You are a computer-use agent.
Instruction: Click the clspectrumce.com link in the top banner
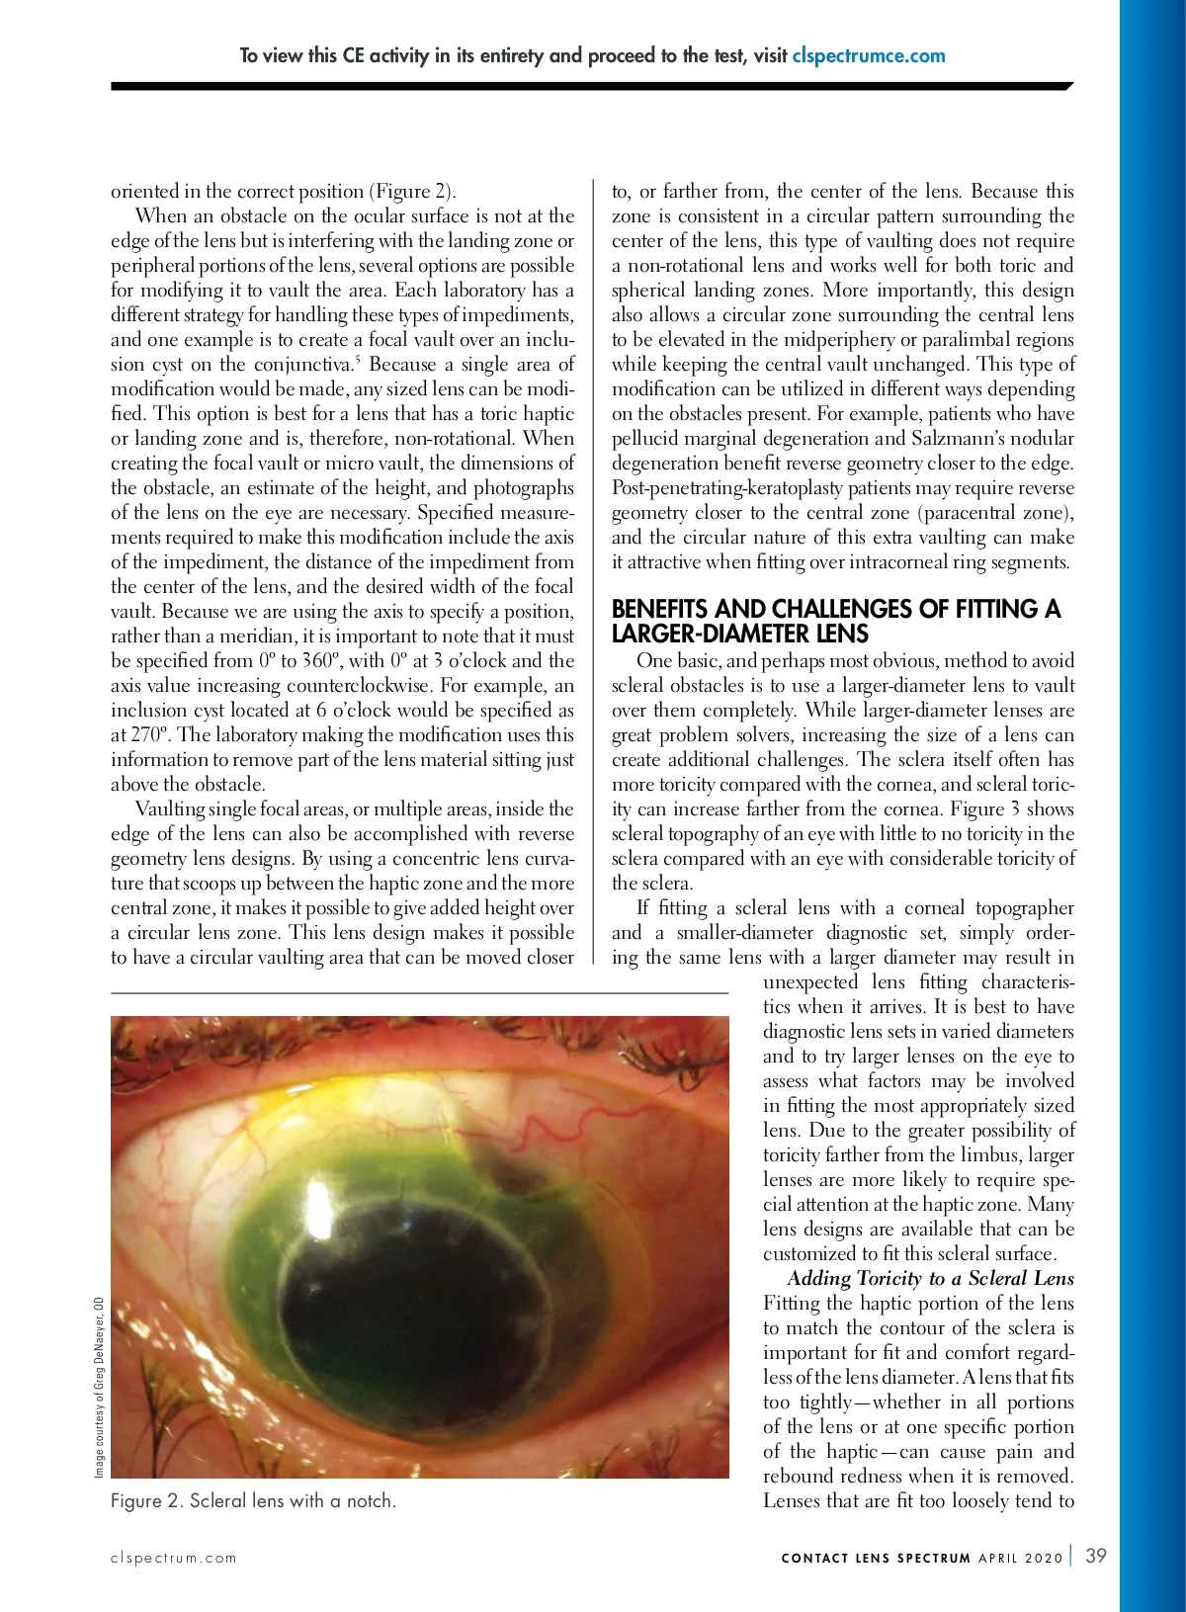coord(869,56)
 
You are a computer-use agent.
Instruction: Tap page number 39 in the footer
coord(1096,1556)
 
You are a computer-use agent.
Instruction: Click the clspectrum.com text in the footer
coord(174,1558)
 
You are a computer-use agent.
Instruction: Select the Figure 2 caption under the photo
coord(253,1500)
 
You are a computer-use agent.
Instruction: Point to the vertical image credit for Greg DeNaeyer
coord(99,1386)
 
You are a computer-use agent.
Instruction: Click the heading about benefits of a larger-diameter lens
coord(835,621)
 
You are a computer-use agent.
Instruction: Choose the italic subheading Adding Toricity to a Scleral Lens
coord(930,1278)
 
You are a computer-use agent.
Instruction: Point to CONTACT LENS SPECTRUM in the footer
coord(876,1558)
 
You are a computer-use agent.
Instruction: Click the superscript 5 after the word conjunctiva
coord(358,358)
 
